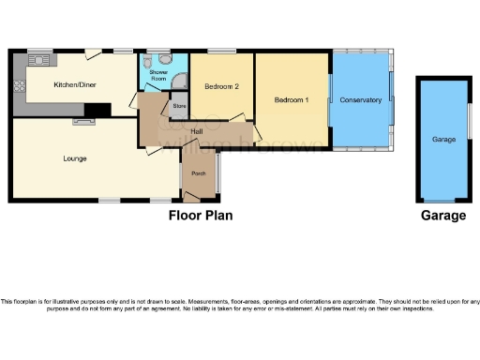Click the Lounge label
click(75, 158)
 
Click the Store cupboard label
click(179, 106)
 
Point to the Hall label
click(198, 131)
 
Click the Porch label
click(198, 174)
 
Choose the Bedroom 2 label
click(223, 86)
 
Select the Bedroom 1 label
click(291, 99)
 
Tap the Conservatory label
click(361, 99)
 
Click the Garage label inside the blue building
click(443, 139)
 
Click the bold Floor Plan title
click(200, 215)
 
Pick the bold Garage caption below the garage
click(442, 215)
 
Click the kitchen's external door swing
click(93, 56)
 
